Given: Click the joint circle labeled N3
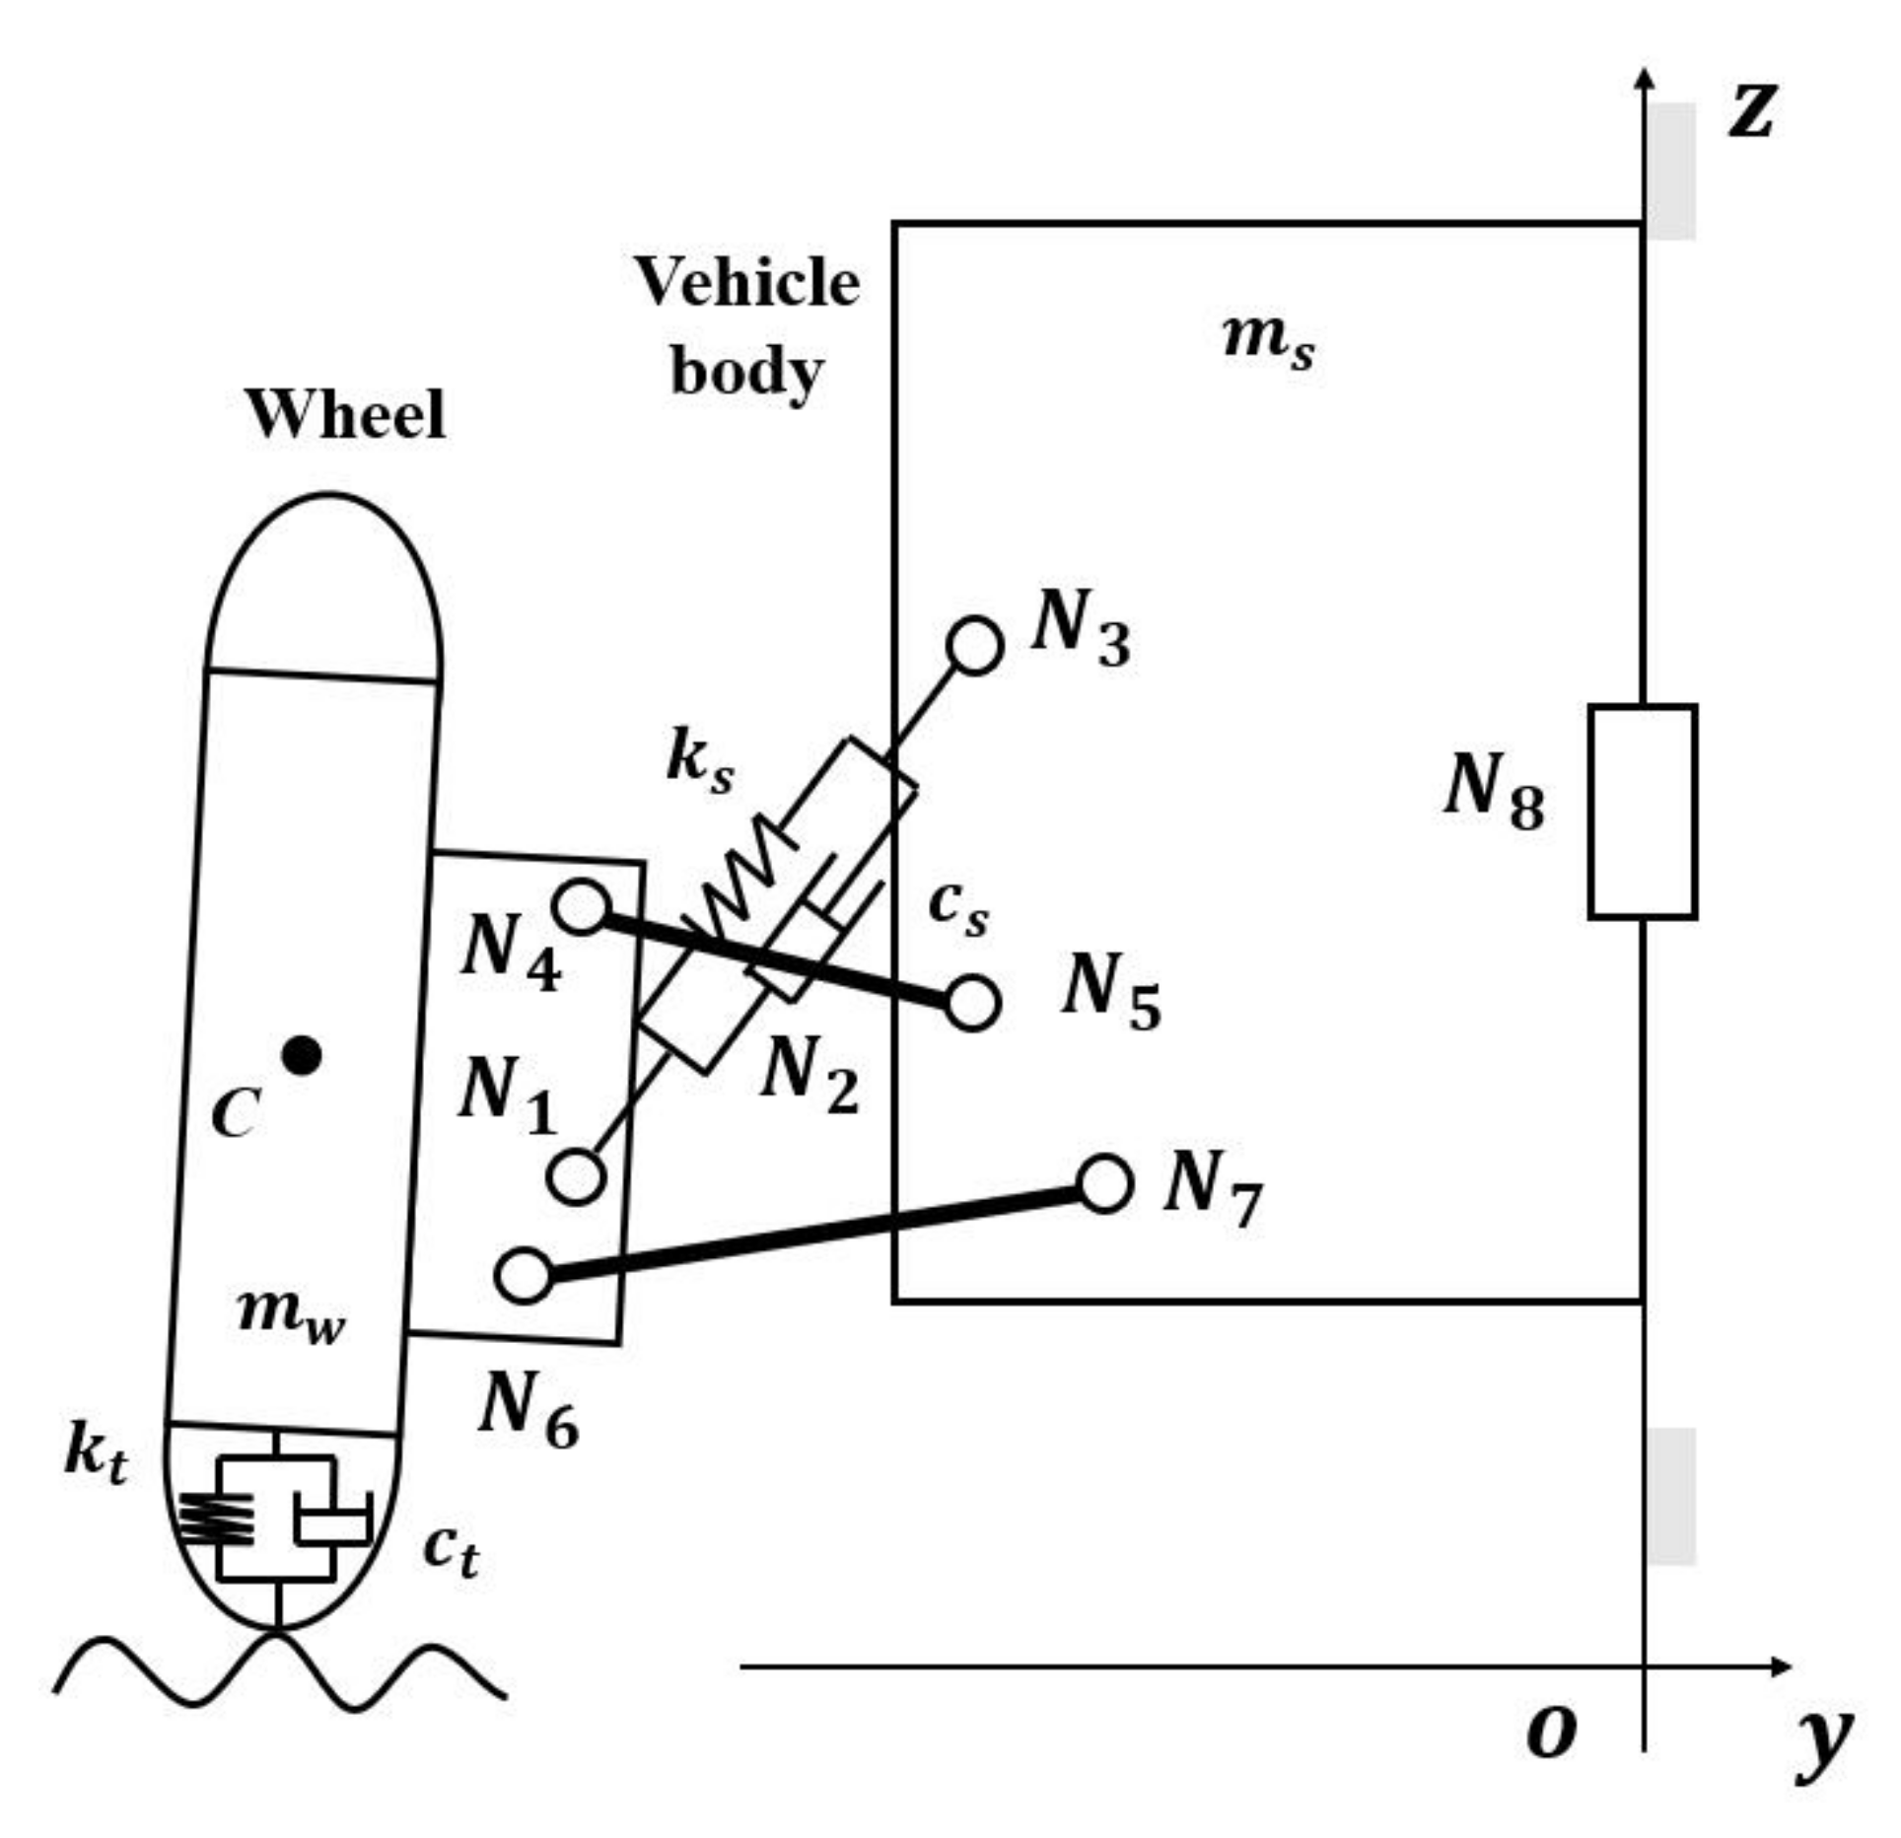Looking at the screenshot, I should [974, 647].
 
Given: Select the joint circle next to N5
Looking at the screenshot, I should [972, 1004].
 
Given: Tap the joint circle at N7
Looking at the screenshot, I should [1103, 1183].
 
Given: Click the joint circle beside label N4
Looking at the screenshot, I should [582, 906].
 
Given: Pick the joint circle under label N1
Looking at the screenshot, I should [576, 1176].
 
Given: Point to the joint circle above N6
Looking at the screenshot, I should [524, 1276].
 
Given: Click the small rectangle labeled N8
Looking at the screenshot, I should [1642, 812].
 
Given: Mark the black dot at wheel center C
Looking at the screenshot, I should [301, 1056].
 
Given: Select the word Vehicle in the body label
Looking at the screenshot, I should [746, 283].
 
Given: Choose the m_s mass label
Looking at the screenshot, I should [1268, 340].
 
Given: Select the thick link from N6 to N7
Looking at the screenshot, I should [813, 1230].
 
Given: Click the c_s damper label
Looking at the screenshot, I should [957, 907].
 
